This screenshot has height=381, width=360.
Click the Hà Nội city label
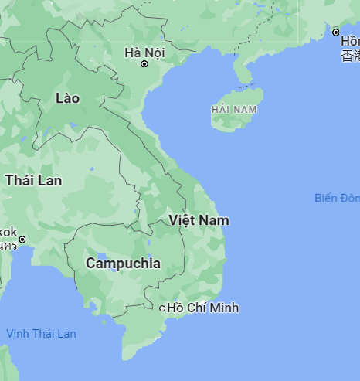144,53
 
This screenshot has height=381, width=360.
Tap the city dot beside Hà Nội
144,64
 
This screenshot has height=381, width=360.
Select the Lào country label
68,98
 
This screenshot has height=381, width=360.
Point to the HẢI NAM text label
233,110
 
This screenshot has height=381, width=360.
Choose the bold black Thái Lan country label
34,180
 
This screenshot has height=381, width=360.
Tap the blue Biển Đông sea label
337,198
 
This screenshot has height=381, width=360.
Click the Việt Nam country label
199,220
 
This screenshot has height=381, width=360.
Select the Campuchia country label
124,263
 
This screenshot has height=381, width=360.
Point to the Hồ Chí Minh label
203,308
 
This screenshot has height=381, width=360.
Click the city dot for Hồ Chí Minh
162,308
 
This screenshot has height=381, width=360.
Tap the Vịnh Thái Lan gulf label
42,333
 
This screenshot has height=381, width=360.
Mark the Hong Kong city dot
336,32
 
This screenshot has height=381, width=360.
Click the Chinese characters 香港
351,56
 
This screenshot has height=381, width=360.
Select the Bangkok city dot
22,239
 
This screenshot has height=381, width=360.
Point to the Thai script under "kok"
8,246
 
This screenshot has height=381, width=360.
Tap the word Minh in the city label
224,308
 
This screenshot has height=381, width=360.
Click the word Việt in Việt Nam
182,220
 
